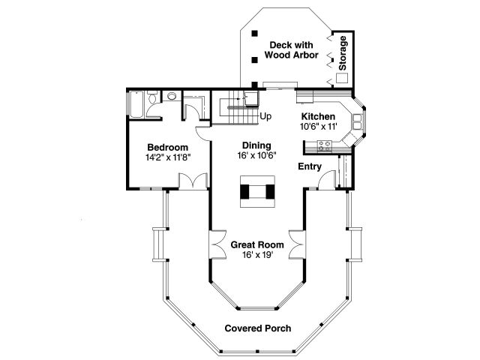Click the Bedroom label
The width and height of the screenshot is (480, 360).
tap(167, 147)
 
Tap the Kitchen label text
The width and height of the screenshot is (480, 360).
tap(318, 117)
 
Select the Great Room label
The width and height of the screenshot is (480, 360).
tap(257, 245)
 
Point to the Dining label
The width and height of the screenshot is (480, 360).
tap(256, 145)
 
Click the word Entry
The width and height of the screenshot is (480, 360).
tap(310, 166)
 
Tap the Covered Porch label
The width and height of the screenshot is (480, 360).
tap(258, 328)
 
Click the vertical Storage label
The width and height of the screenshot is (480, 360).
tap(343, 53)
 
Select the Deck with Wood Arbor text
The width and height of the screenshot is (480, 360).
tap(292, 50)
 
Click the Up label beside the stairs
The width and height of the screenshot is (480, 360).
tap(265, 116)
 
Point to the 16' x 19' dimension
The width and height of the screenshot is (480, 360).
tap(257, 255)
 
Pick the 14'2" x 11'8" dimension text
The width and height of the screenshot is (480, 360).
tap(168, 157)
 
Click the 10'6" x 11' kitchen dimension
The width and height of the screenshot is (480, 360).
tap(318, 127)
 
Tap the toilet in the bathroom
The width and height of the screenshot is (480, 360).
tap(151, 97)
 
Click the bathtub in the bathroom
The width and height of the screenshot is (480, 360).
tap(136, 104)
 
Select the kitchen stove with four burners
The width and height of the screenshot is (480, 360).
tap(325, 146)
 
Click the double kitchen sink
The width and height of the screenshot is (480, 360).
tap(357, 121)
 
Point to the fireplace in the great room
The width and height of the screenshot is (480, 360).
tap(257, 192)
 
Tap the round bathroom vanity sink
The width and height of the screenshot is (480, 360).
tap(172, 97)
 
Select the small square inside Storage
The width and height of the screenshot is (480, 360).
tap(342, 78)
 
